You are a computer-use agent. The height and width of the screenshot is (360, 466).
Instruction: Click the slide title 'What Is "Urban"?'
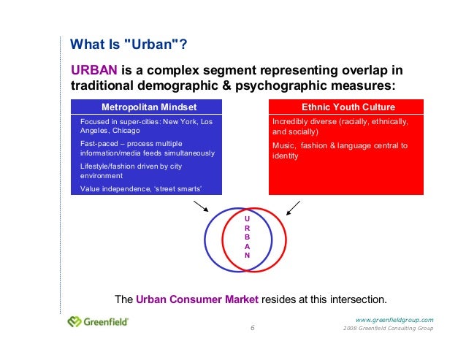pos(128,45)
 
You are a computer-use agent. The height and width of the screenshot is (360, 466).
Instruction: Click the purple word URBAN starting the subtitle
pos(94,70)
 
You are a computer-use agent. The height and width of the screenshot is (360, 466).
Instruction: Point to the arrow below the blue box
pos(199,208)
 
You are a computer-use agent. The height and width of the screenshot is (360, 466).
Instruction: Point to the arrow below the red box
pos(293,208)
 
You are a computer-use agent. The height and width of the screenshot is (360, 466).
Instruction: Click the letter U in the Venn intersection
pos(247,218)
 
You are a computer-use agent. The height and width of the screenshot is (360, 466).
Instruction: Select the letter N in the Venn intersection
pos(247,256)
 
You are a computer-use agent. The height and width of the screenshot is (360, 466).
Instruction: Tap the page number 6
pos(253,328)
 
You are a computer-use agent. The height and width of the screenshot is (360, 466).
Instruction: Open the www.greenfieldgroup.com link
pos(394,319)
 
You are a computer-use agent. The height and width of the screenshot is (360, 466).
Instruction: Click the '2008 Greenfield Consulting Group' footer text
pos(388,329)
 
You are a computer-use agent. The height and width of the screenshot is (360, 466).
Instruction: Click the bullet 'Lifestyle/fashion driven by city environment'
pos(131,171)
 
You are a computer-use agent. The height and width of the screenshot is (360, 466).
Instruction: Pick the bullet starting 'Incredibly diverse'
pos(340,127)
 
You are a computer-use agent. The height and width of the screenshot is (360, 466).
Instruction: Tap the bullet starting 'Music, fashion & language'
pos(340,150)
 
